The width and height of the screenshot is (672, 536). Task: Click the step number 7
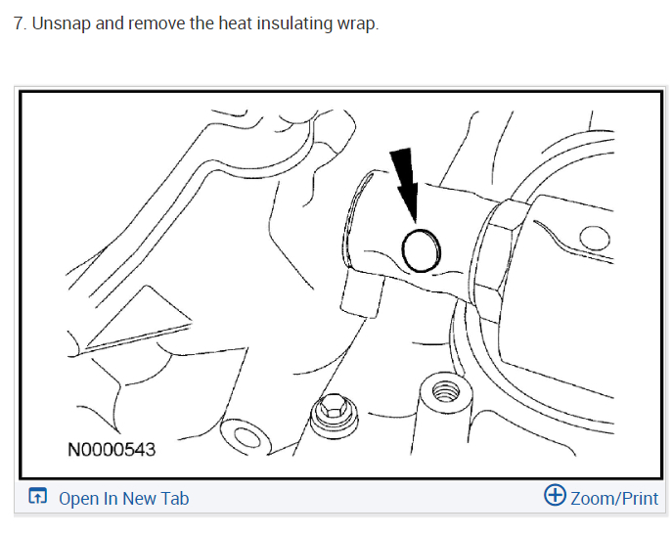[x=19, y=23]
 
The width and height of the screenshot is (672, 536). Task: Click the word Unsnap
[x=63, y=23]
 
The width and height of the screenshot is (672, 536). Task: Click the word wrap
[x=355, y=23]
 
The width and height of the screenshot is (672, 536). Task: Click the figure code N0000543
[x=111, y=450]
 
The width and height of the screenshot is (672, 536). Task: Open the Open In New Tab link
[x=123, y=499]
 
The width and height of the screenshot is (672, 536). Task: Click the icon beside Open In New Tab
[x=37, y=498]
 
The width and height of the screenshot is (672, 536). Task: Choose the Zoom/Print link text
[x=614, y=499]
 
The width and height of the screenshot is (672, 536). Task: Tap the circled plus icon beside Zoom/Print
[x=555, y=497]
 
